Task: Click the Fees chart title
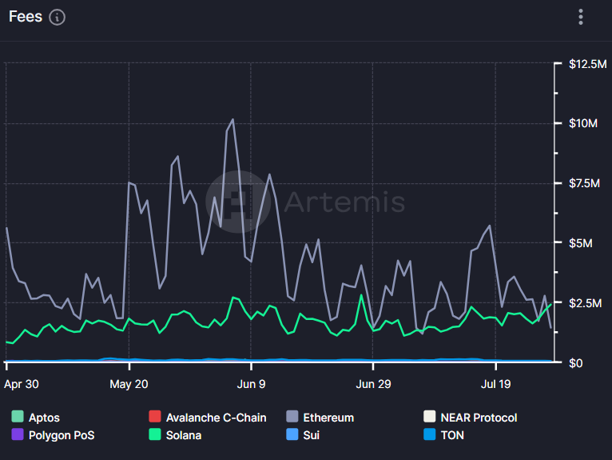tap(26, 17)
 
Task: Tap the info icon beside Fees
tap(58, 17)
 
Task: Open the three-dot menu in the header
tap(582, 17)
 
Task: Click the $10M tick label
tap(582, 123)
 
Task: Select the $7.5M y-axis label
tap(585, 183)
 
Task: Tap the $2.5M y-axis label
tap(585, 303)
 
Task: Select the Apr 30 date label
tap(22, 384)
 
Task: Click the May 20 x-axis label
tap(130, 384)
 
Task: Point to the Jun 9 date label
tap(251, 384)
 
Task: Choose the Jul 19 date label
tap(496, 384)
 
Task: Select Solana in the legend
tap(182, 435)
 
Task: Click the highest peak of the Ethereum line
tap(232, 119)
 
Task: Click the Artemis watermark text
tap(344, 202)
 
